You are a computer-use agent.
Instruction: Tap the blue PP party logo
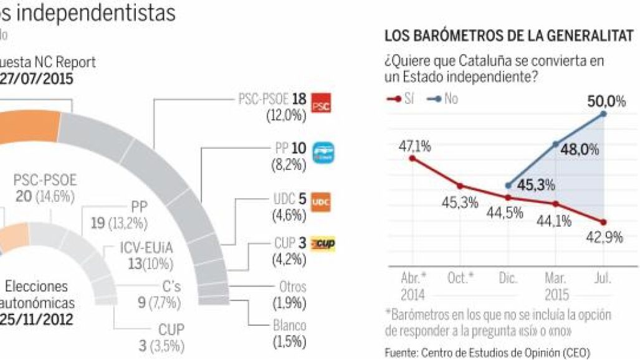pos(323,153)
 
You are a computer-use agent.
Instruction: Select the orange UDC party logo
pos(320,202)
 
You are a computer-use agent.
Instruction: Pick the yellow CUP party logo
pos(323,244)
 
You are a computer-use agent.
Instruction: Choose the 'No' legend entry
pos(443,99)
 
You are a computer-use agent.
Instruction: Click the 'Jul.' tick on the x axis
pos(603,278)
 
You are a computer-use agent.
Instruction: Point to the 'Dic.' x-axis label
pos(508,278)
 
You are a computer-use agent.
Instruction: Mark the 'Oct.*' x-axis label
pos(461,278)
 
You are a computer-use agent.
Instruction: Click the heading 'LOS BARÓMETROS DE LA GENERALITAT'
pos(509,37)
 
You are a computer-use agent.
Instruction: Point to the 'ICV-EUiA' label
pos(147,248)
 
